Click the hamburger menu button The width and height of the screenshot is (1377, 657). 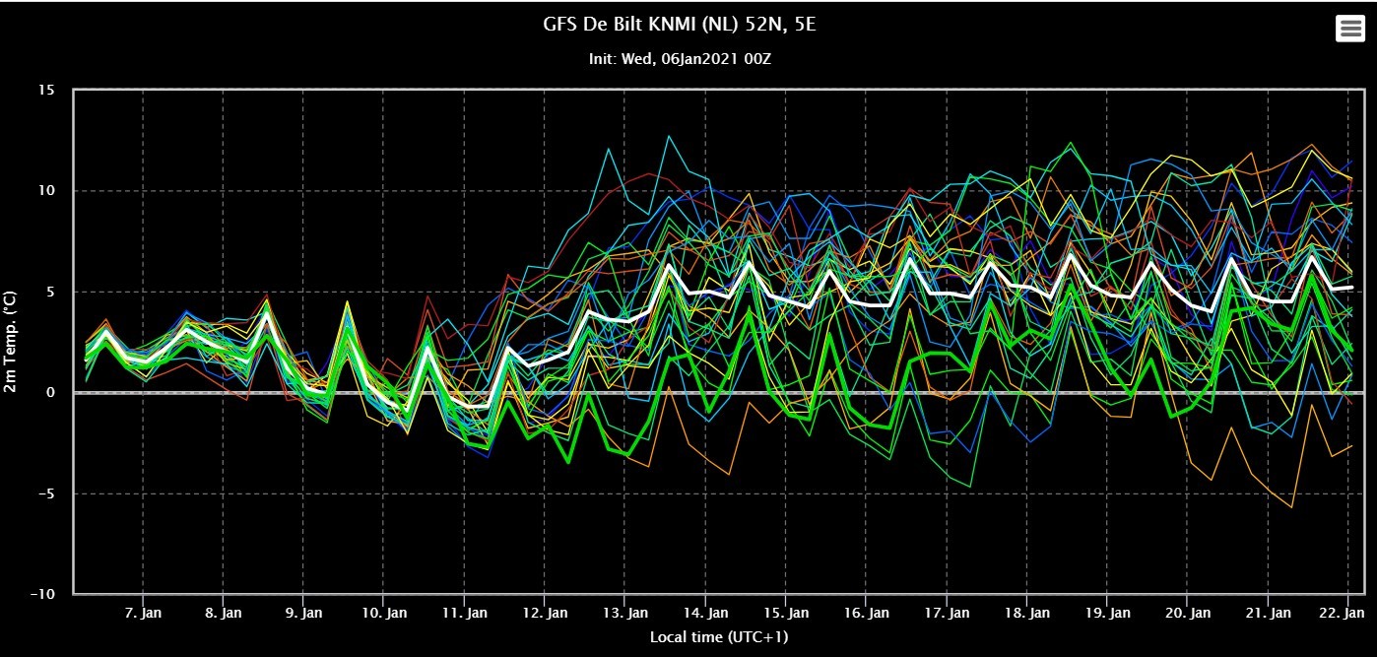pos(1350,29)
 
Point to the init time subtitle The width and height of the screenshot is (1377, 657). pos(680,59)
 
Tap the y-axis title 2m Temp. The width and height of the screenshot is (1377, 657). pos(10,342)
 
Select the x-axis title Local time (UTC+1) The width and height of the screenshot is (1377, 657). pos(719,636)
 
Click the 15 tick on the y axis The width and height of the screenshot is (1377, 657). pos(46,91)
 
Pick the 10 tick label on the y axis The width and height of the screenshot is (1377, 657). pos(46,190)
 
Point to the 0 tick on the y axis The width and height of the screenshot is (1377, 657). pos(50,392)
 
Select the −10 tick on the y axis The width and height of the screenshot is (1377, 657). pos(42,594)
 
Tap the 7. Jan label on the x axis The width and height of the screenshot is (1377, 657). pos(143,613)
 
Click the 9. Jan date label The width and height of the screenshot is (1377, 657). pos(303,613)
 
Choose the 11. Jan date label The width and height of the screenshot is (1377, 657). pos(464,613)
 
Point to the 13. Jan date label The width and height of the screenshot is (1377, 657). pos(625,613)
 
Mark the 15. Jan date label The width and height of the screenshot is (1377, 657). pos(786,613)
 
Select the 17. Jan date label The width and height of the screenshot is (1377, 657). pos(947,613)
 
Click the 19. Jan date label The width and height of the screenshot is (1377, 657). pos(1107,613)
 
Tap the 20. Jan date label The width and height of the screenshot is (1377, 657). pos(1188,613)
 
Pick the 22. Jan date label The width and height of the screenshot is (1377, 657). pos(1348,613)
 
